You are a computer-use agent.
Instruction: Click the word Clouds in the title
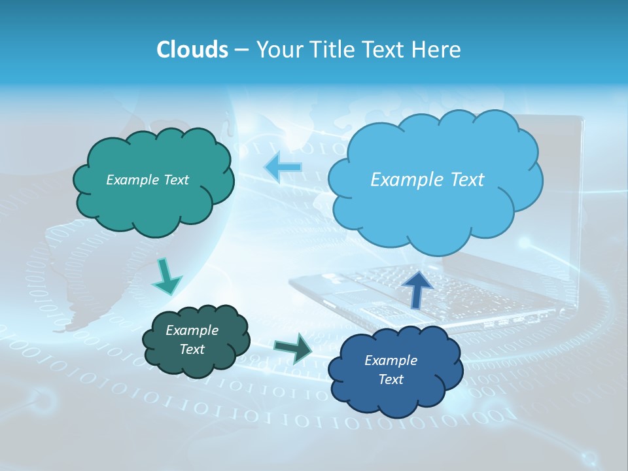point(192,50)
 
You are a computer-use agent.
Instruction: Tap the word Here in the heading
point(438,50)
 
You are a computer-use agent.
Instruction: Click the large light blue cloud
point(435,209)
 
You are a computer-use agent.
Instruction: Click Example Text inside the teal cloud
point(147,180)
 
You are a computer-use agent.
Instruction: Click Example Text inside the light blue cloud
point(427,180)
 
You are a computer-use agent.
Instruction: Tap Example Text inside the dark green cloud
point(192,340)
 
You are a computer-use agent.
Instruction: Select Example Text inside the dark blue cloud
point(391,370)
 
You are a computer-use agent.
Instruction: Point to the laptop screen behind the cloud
point(563,196)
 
